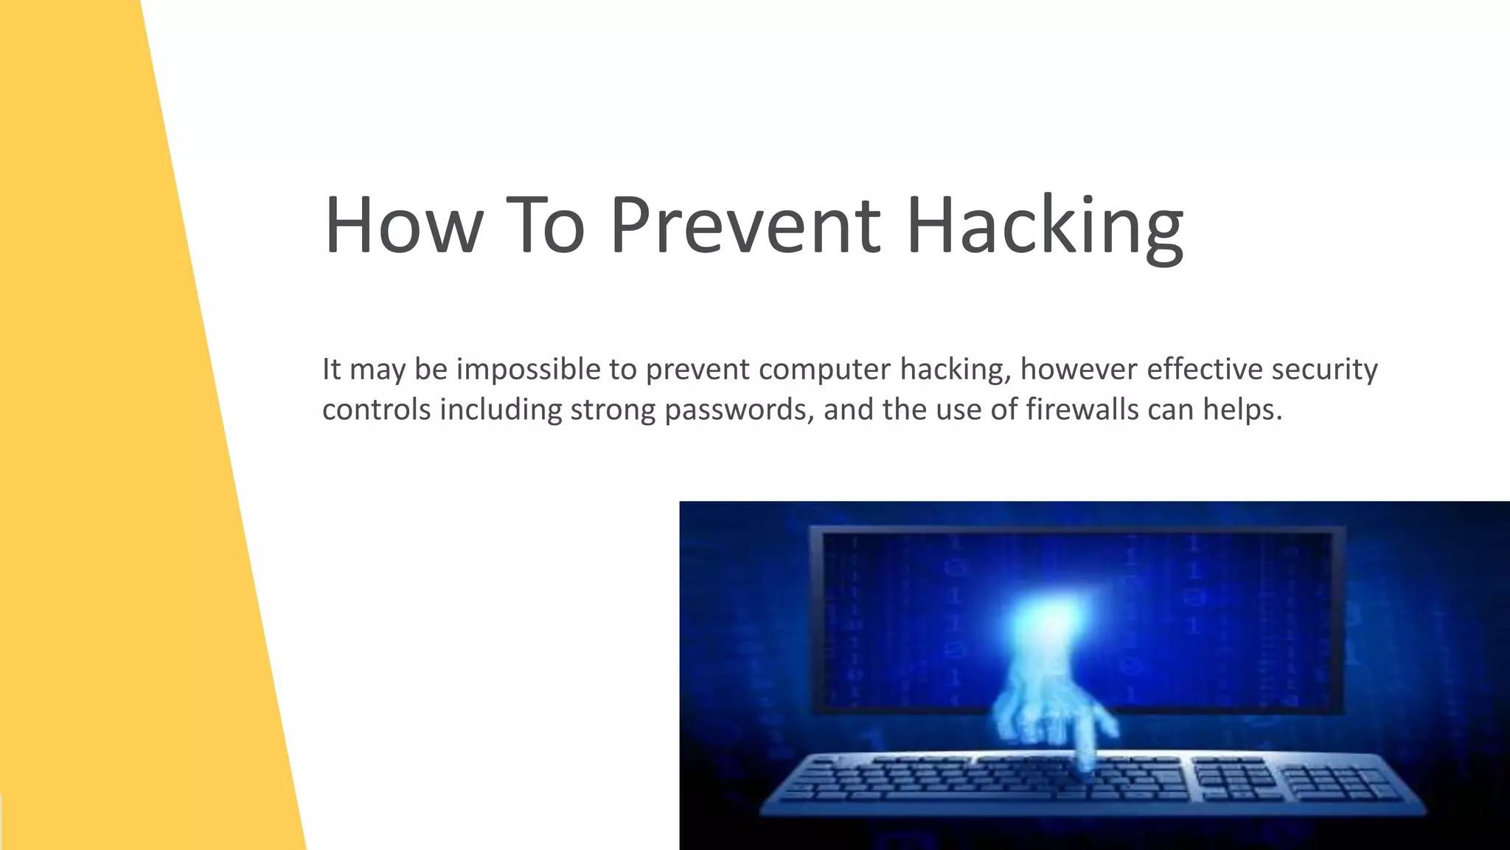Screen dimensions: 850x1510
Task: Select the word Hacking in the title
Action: [x=1044, y=226]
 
